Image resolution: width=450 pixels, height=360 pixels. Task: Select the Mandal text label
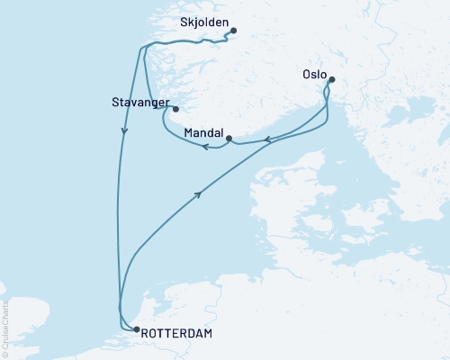point(202,132)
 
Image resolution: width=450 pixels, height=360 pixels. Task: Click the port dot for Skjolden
point(233,31)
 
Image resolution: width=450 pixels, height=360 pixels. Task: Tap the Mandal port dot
point(229,138)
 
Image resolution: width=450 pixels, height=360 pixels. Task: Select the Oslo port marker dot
point(331,80)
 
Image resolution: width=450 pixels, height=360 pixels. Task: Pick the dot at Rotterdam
point(136,329)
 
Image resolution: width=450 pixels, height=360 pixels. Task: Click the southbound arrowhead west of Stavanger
point(124,131)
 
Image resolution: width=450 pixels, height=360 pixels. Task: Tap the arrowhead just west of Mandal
point(206,147)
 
